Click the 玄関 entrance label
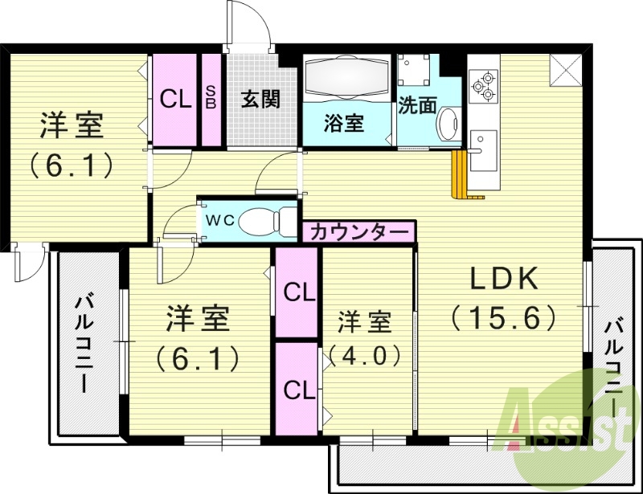(x=260, y=99)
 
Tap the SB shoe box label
(x=211, y=97)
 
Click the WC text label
(x=219, y=221)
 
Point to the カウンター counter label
(x=359, y=232)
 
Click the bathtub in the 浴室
(x=347, y=78)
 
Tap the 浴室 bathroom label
(x=344, y=122)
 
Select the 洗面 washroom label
(x=417, y=105)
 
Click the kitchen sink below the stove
(x=484, y=151)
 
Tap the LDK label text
(x=504, y=279)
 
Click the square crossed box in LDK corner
(x=566, y=71)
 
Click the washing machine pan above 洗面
(x=414, y=70)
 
